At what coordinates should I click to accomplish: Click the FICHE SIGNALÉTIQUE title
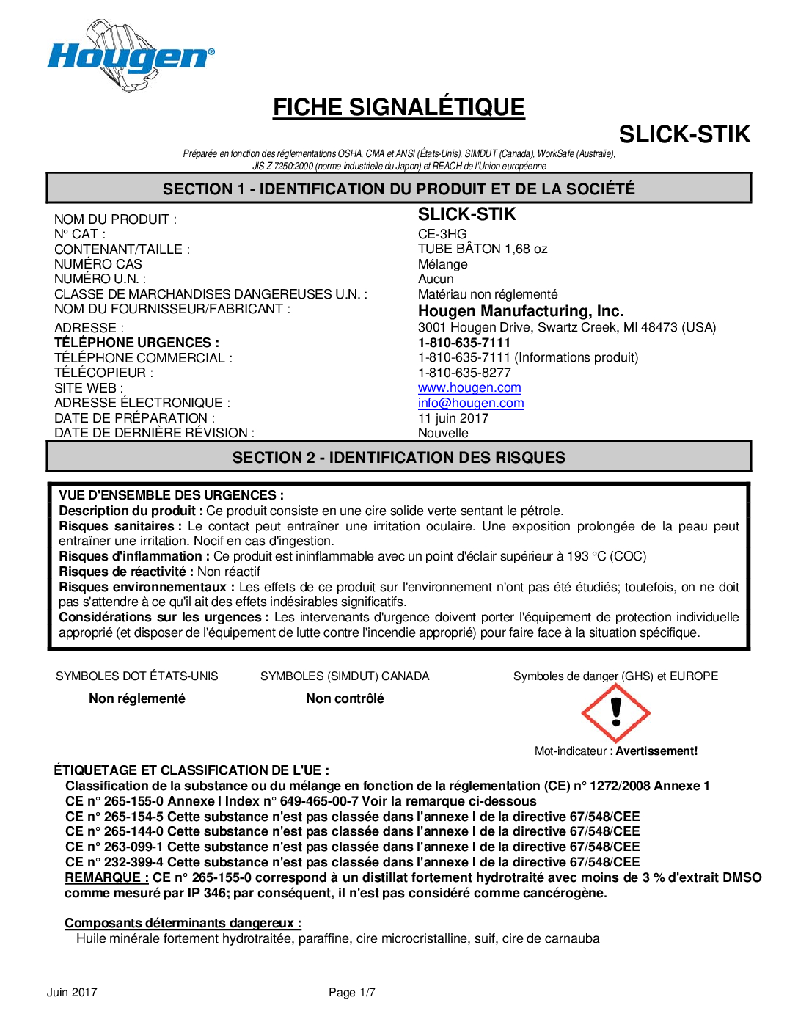tap(399, 107)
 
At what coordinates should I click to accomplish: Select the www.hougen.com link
tap(469, 387)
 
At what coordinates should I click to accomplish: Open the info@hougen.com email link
tap(471, 403)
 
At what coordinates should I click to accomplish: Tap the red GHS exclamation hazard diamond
tap(615, 712)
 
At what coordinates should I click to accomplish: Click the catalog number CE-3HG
tap(442, 234)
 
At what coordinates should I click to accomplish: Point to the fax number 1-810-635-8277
tap(464, 373)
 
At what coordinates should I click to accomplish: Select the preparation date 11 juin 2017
tap(453, 418)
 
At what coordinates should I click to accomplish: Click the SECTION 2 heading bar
tap(399, 457)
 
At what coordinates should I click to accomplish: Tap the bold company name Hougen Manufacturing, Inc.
tap(521, 311)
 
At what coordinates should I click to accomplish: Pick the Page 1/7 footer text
tap(352, 993)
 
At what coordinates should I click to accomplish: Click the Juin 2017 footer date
tap(72, 993)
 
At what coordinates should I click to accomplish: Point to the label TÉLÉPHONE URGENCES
tap(136, 343)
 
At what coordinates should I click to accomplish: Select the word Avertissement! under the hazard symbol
tap(656, 751)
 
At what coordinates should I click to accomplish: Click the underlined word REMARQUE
tap(106, 877)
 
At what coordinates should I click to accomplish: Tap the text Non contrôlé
tap(345, 698)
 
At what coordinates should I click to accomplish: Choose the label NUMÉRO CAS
tap(98, 264)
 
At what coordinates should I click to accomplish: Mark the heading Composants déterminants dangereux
tap(183, 923)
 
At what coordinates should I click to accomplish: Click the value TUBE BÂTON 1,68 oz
tap(483, 249)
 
